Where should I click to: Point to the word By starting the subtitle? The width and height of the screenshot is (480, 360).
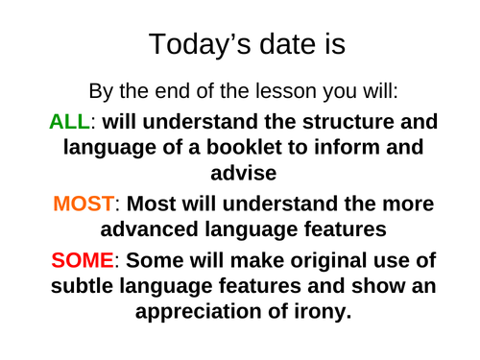tap(102, 92)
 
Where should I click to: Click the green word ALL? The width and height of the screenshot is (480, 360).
tap(72, 122)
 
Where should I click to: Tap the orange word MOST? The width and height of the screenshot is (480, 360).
tap(84, 204)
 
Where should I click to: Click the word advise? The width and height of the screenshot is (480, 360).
tap(240, 175)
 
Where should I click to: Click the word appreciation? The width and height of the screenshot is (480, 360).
tap(209, 313)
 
